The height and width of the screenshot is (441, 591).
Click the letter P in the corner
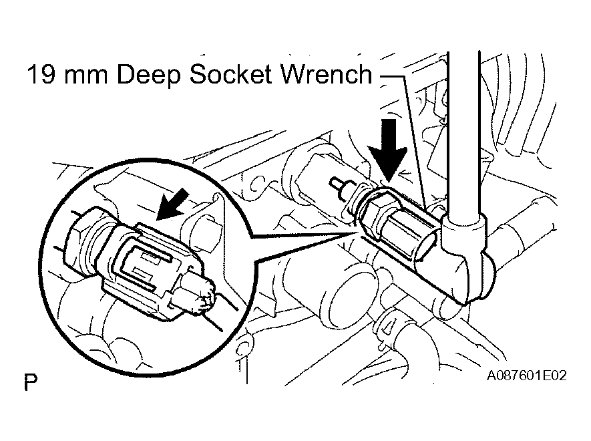[29, 383]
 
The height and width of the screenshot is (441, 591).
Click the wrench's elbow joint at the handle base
[467, 257]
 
